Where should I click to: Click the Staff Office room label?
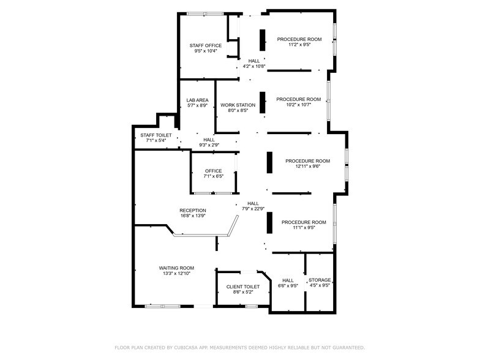(205, 45)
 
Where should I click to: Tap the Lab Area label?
(198, 100)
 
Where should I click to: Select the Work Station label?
(238, 105)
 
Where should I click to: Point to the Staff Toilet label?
(156, 135)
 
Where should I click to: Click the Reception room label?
(192, 210)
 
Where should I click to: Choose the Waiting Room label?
(176, 268)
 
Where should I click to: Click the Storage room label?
(320, 280)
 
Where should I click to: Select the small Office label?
(214, 171)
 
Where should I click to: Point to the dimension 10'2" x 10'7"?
(298, 105)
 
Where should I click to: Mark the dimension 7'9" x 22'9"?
(253, 209)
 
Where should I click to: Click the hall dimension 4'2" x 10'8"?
(254, 66)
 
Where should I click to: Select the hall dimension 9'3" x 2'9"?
(209, 145)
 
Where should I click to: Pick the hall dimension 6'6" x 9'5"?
(288, 285)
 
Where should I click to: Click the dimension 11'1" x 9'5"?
(303, 228)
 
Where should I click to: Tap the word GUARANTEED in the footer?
(344, 347)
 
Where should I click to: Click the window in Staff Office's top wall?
(205, 13)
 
